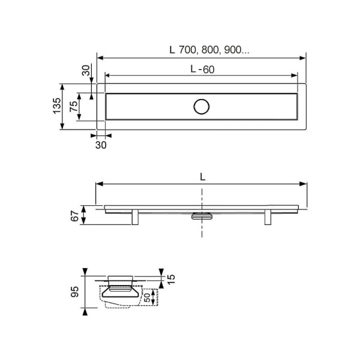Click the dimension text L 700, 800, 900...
(209, 50)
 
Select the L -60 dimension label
(203, 69)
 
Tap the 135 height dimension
(57, 106)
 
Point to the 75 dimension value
(74, 107)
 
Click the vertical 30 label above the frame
(86, 70)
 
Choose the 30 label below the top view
(101, 145)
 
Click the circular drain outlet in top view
(202, 107)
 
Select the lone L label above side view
(202, 177)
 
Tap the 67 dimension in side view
(74, 216)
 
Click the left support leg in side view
(135, 217)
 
